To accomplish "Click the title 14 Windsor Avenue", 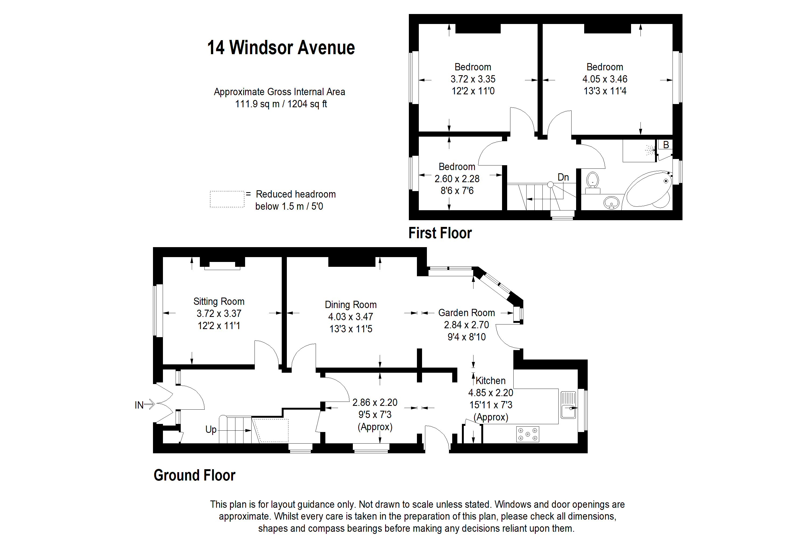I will pos(281,47).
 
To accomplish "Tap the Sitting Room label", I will pos(219,302).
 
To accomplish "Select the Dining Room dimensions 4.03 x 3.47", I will pos(350,317).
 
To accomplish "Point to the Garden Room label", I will pos(466,313).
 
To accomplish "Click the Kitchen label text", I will pos(490,381).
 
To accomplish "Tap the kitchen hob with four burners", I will pos(527,434).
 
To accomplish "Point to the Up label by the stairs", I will pos(211,430).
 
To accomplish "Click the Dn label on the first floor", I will pos(563,177).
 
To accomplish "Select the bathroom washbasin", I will pos(611,203).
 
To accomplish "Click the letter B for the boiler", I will pos(666,145).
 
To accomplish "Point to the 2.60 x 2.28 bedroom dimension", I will pos(457,179).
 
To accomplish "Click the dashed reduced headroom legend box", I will pos(227,199).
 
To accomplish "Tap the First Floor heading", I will pos(440,233).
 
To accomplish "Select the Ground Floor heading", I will pos(194,475).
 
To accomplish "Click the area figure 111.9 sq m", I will pos(257,104).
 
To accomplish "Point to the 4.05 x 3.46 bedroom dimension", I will pos(605,79).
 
